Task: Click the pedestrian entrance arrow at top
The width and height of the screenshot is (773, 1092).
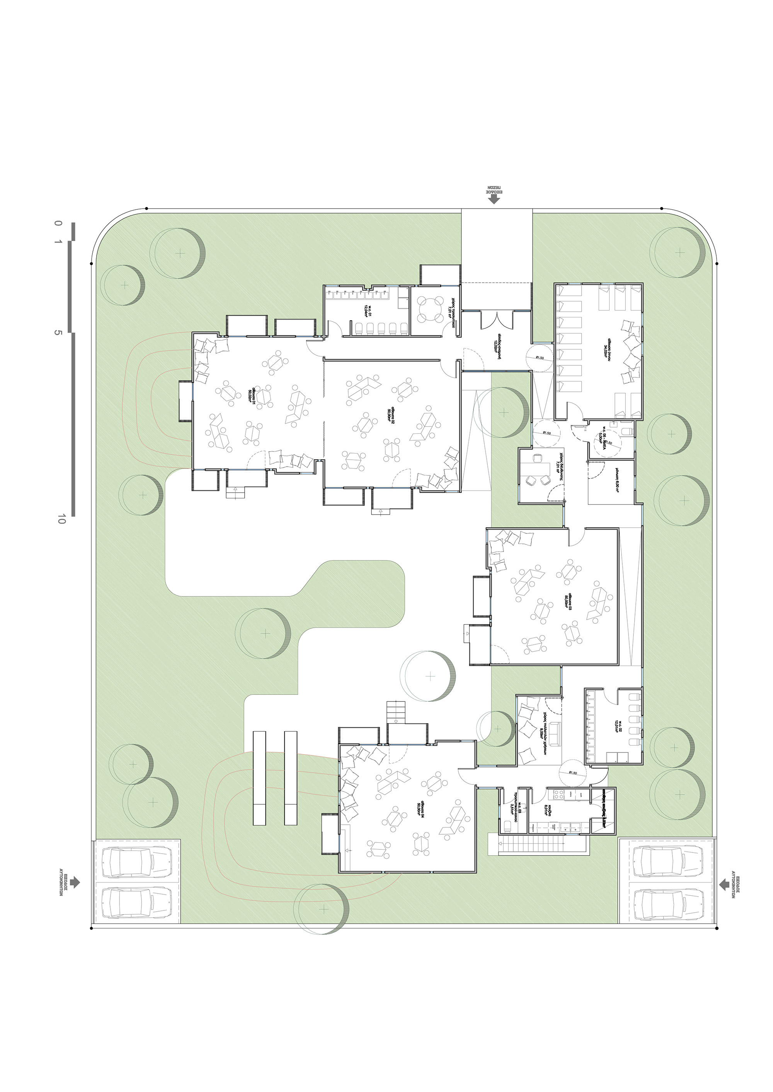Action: coord(494,200)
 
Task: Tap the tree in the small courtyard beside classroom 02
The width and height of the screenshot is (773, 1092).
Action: coord(504,413)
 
